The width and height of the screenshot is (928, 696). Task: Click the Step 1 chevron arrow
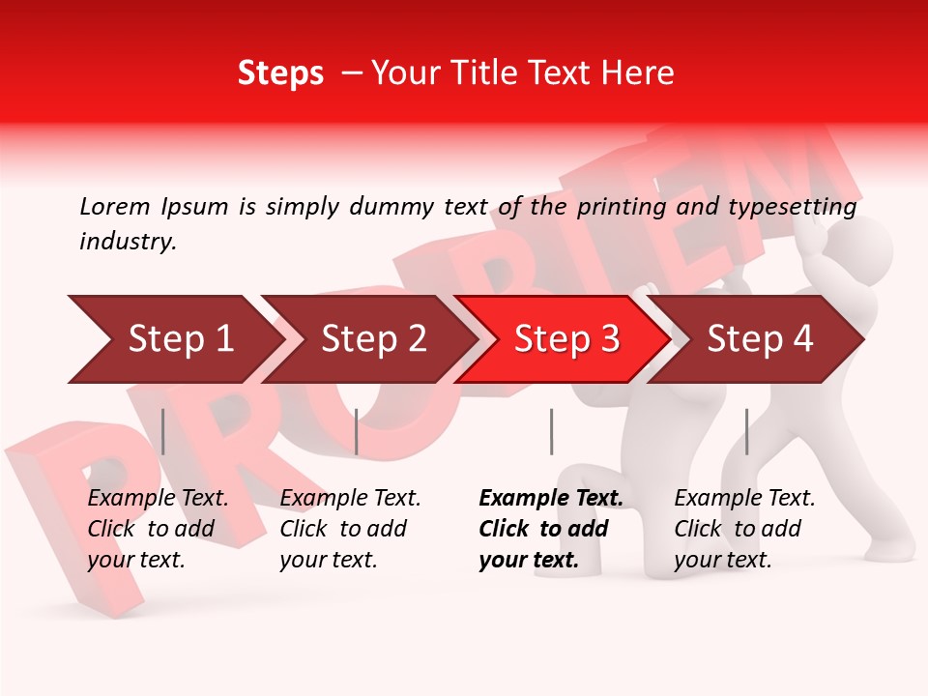pyautogui.click(x=174, y=339)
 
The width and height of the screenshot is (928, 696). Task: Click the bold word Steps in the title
pyautogui.click(x=280, y=73)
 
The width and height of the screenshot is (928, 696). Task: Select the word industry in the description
pyautogui.click(x=128, y=242)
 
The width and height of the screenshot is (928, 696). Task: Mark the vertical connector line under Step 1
pyautogui.click(x=163, y=431)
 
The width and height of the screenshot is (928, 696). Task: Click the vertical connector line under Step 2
pyautogui.click(x=357, y=431)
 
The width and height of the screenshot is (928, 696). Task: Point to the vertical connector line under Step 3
pyautogui.click(x=551, y=431)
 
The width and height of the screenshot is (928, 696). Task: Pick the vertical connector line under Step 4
pyautogui.click(x=746, y=431)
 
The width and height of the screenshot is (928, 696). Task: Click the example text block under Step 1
pyautogui.click(x=158, y=529)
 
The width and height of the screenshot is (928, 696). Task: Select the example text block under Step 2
pyautogui.click(x=350, y=529)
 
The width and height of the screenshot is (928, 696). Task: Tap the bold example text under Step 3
pyautogui.click(x=550, y=529)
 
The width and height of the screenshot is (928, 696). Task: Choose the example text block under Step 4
pyautogui.click(x=744, y=529)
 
